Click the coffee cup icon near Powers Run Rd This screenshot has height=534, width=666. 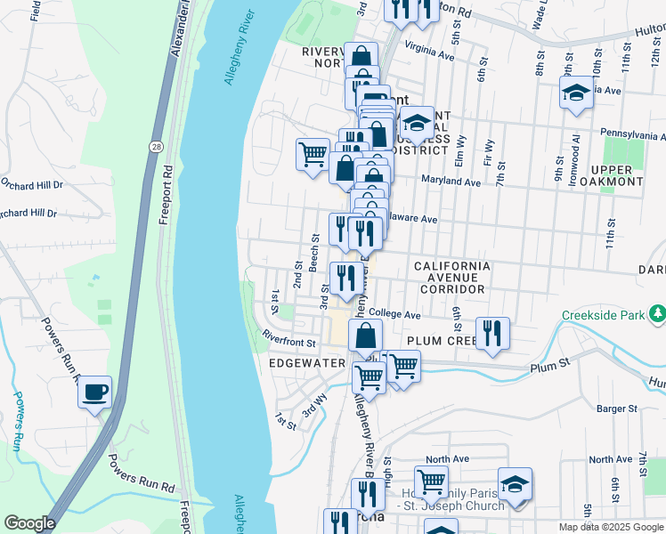pos(94,391)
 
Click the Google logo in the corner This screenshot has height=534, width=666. pos(29,523)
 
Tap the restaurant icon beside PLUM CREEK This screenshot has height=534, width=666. pos(492,333)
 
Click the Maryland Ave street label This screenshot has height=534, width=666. pos(451,182)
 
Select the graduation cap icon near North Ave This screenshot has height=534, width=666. pos(514,483)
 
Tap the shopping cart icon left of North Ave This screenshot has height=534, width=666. pos(431,481)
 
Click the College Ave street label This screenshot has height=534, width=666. pos(394,314)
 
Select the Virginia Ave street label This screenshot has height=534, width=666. pos(429,53)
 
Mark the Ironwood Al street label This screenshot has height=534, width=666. pos(577,152)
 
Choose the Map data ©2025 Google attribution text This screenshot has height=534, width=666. pos(611,527)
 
